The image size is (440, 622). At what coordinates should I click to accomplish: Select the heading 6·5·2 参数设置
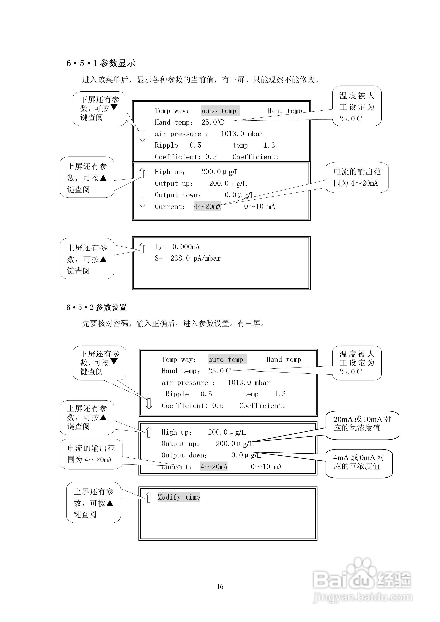point(96,307)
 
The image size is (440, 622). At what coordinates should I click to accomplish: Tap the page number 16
point(220,587)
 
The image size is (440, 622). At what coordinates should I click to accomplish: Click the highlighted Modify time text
point(179,497)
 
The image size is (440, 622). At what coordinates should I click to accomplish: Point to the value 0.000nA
point(186,247)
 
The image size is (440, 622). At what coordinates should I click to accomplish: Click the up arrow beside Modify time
point(149,497)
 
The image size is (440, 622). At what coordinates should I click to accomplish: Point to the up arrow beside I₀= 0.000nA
point(142,248)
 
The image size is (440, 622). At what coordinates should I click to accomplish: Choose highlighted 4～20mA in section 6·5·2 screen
point(214,466)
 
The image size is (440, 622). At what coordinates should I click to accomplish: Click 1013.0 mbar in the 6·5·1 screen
point(242,134)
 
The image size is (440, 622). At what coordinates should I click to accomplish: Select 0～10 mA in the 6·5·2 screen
point(266,466)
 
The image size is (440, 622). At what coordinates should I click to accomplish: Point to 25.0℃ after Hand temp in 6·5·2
point(219,371)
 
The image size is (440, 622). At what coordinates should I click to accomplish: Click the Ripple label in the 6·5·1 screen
point(166,145)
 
